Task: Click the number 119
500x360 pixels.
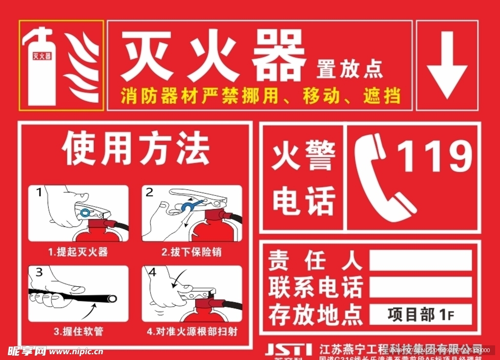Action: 435,156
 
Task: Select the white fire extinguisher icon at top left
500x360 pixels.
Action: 40,66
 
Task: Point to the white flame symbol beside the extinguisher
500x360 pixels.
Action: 83,66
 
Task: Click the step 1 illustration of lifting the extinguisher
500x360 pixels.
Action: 78,213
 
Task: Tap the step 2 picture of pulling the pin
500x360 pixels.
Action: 192,213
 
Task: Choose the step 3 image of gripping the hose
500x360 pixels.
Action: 78,294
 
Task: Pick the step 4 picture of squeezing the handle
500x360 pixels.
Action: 192,294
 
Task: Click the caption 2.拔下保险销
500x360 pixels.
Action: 191,252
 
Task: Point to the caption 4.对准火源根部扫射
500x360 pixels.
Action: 192,331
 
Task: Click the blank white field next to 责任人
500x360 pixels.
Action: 420,260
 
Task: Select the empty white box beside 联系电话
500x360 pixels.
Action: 420,287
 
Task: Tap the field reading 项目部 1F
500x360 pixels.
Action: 420,314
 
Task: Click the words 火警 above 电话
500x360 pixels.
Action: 303,155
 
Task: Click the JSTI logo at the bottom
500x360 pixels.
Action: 288,350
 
